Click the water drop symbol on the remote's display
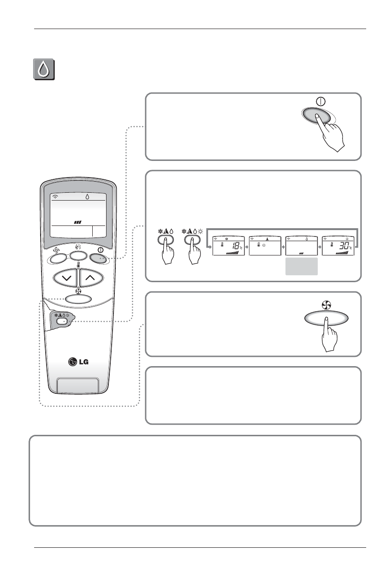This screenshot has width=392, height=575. [87, 196]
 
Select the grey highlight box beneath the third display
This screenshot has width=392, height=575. [302, 267]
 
